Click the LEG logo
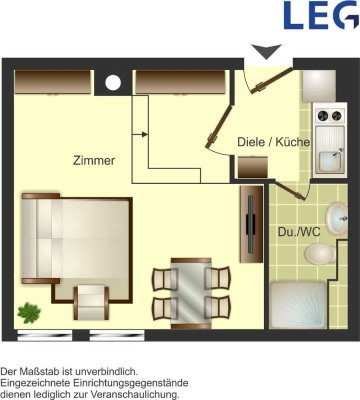tap(320, 15)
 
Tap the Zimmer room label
tap(94, 161)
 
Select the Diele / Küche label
tap(273, 142)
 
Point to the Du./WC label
tap(299, 232)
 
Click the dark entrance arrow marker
tap(266, 51)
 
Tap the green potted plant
tap(29, 313)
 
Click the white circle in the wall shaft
tap(113, 83)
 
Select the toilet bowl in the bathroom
tap(320, 254)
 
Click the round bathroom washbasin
tap(337, 219)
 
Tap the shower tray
tap(298, 305)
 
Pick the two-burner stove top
tap(330, 116)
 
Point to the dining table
tap(191, 293)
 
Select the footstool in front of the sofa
tap(91, 302)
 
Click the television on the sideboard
tap(250, 224)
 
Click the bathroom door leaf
tap(292, 192)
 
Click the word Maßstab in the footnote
tap(42, 371)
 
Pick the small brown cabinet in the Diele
tap(253, 167)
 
